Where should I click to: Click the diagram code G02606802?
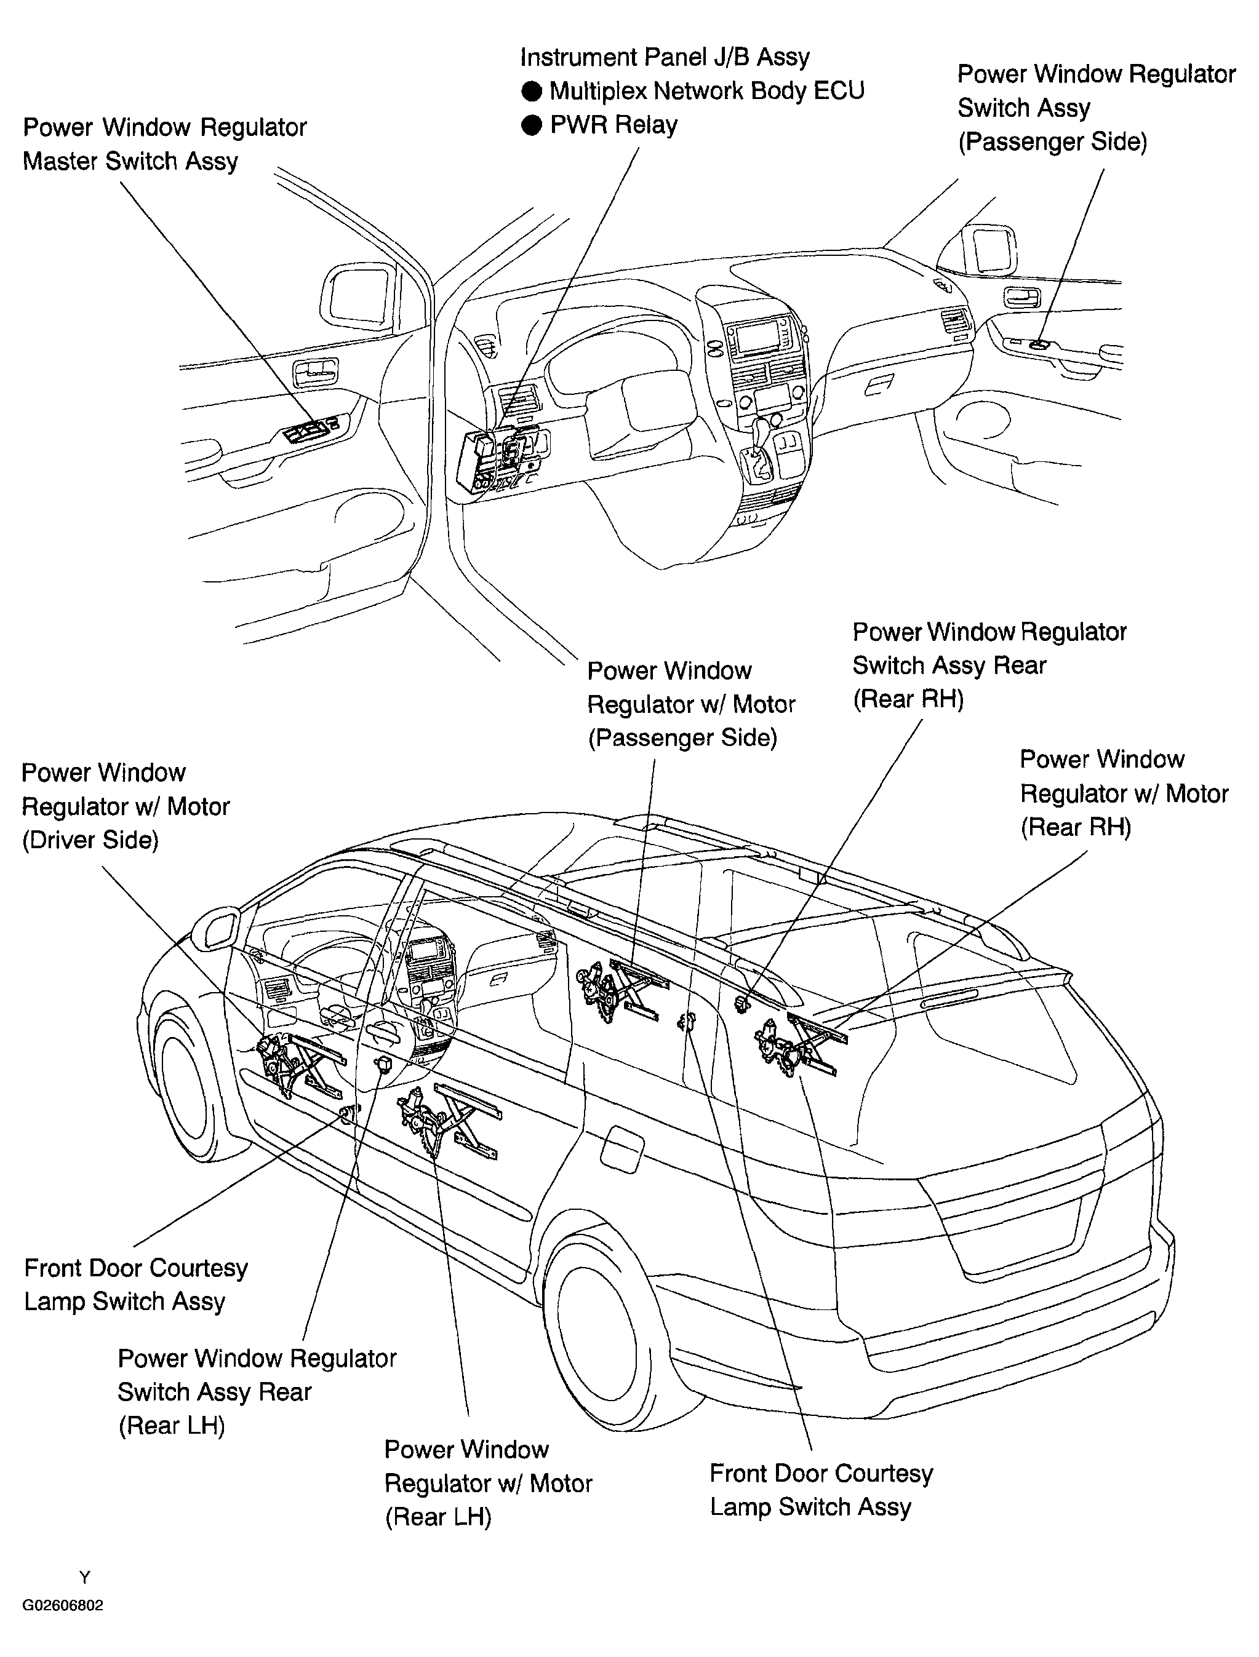63,1605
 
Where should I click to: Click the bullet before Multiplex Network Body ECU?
531,92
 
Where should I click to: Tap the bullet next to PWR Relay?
531,125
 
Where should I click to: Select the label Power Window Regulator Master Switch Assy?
165,144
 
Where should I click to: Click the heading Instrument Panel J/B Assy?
665,57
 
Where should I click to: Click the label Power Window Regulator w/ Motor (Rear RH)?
1124,793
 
